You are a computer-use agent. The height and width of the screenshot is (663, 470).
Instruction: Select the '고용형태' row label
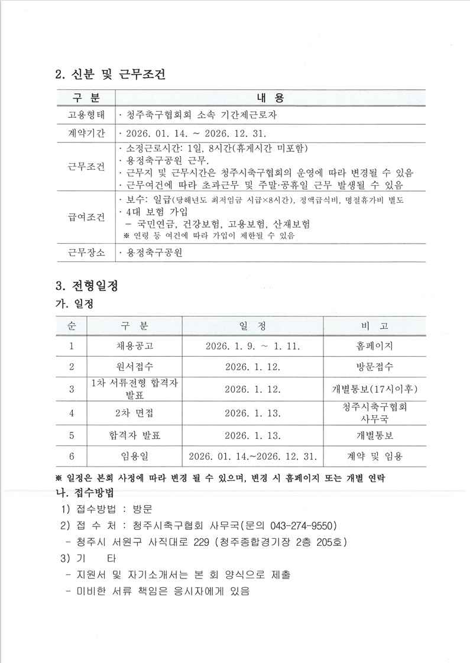[x=86, y=115]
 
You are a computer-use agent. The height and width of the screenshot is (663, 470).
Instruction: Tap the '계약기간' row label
[x=86, y=133]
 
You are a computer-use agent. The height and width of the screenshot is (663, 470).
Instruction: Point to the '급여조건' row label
[x=86, y=218]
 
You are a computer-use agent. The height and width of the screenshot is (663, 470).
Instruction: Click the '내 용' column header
[x=270, y=98]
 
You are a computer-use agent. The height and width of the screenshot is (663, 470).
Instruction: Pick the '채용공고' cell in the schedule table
[x=134, y=345]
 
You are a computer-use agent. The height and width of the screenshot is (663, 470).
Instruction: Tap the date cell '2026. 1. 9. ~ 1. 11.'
[x=252, y=345]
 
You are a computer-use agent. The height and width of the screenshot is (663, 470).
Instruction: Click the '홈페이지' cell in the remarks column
[x=374, y=345]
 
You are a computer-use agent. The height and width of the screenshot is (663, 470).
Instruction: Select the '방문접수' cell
[x=374, y=367]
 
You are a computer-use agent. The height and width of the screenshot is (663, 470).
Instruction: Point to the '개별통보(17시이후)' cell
[x=374, y=389]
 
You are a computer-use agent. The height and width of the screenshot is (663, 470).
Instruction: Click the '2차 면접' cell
[x=134, y=413]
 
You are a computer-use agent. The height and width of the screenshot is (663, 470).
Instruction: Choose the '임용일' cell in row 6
[x=134, y=456]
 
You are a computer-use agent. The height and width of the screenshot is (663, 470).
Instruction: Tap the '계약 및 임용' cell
[x=374, y=456]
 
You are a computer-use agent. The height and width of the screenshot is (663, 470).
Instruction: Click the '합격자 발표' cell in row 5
[x=134, y=435]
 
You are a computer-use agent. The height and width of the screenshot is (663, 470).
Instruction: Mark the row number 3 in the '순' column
[x=71, y=389]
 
